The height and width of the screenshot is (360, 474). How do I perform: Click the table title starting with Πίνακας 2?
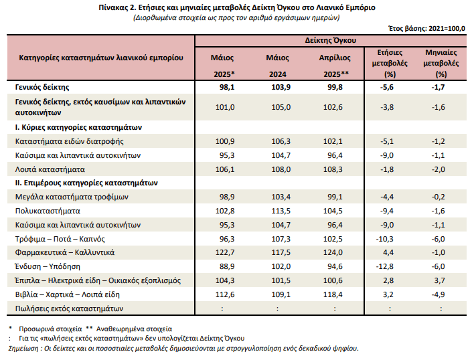tap(236, 7)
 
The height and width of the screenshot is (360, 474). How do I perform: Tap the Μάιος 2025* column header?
tap(222, 65)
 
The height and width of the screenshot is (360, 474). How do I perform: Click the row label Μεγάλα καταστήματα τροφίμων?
tap(71, 197)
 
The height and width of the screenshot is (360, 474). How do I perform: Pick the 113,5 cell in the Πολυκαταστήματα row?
tap(278, 211)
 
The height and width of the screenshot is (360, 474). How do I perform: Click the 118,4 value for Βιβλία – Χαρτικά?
tap(334, 294)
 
